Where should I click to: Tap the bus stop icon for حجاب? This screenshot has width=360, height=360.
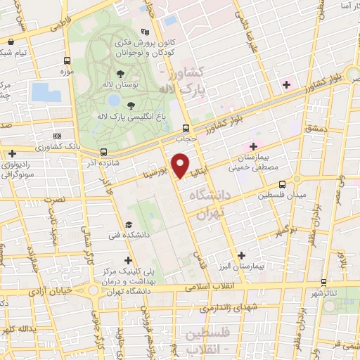(186, 128)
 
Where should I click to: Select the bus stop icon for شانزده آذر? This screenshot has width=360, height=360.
(104, 151)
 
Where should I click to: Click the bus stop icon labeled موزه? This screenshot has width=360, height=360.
(67, 60)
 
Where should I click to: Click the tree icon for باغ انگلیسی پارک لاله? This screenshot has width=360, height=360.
(131, 105)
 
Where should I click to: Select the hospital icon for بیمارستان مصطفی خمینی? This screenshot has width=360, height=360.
(253, 146)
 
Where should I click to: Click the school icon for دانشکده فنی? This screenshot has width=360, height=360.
(127, 224)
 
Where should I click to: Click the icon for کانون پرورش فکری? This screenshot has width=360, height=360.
(146, 32)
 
